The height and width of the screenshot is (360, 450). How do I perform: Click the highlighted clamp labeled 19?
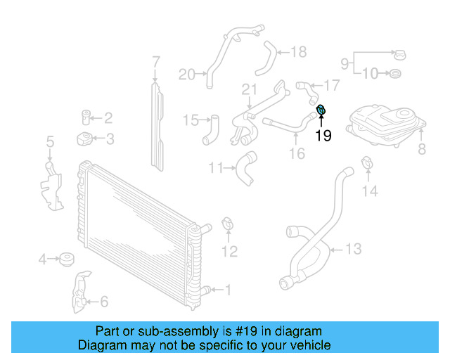tap(321, 110)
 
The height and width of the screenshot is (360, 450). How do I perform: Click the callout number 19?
tap(323, 136)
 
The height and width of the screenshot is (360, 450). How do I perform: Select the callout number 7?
tap(156, 65)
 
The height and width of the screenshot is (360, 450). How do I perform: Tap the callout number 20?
tap(186, 74)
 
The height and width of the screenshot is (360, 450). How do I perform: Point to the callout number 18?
tap(299, 51)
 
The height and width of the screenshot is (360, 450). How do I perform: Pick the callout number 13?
tap(353, 248)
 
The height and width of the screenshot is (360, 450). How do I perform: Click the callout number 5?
tap(50, 143)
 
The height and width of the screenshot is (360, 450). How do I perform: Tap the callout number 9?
tap(345, 64)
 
